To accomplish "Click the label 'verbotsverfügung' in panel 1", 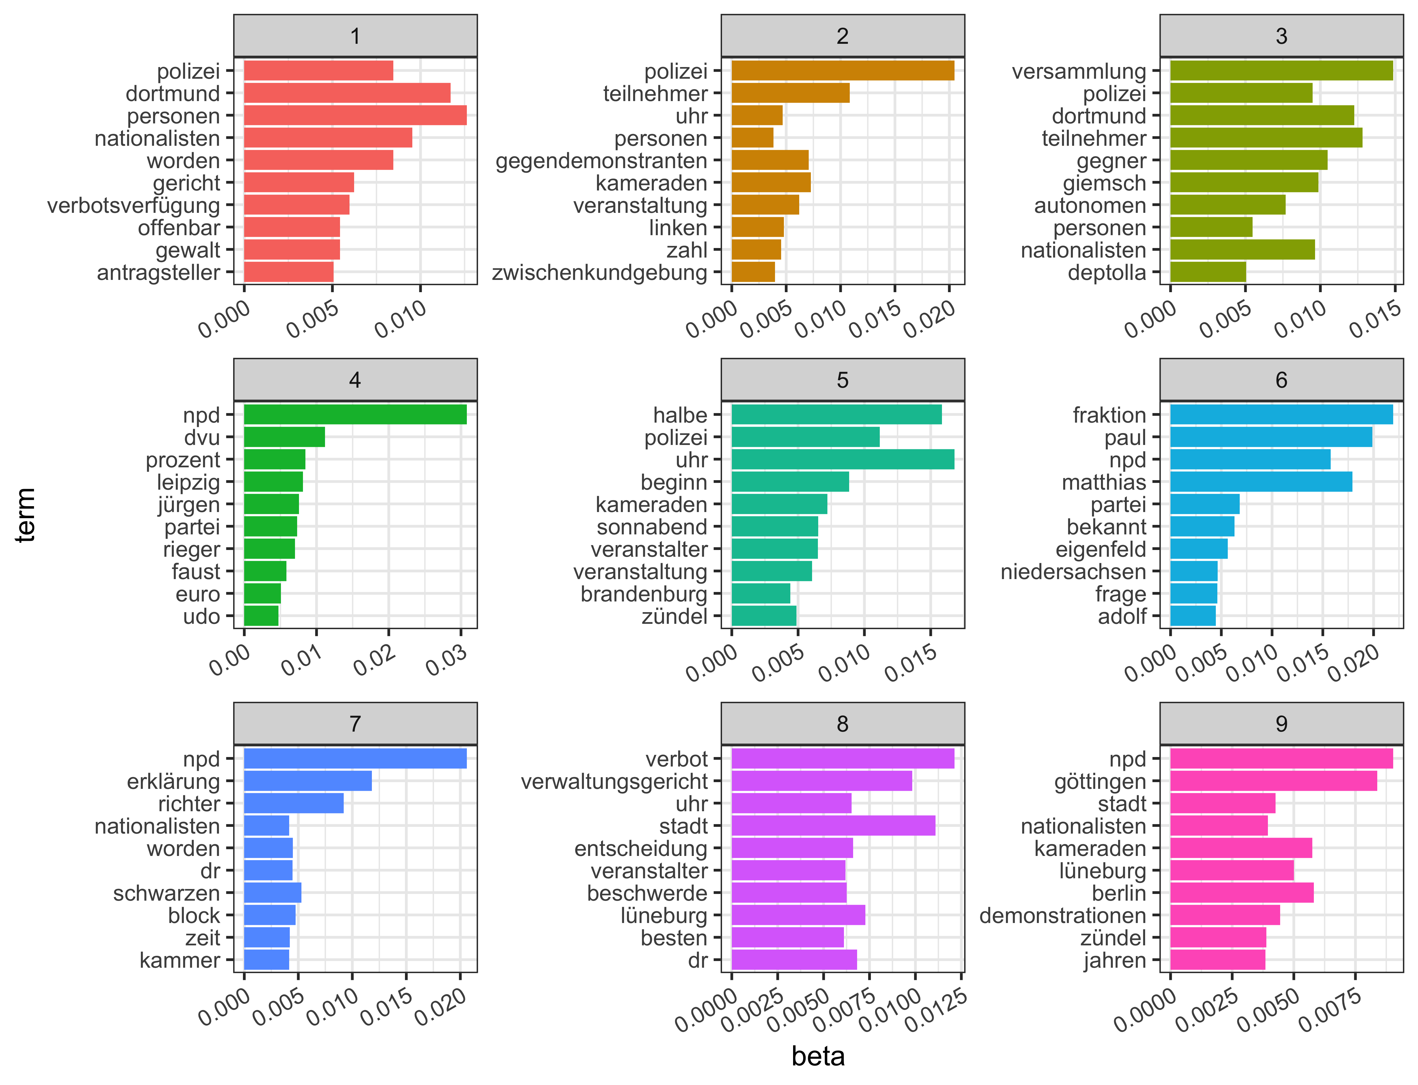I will pos(134,205).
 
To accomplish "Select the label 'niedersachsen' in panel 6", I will pos(1073,571).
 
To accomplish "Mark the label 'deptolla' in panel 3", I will pos(1107,273).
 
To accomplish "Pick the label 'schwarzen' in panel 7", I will pos(167,893).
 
